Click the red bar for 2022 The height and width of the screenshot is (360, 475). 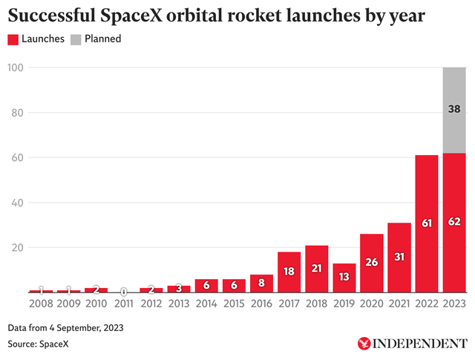click(426, 223)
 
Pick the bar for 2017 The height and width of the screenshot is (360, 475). click(289, 272)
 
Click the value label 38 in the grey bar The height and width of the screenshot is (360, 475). click(453, 109)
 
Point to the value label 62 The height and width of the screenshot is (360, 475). click(453, 223)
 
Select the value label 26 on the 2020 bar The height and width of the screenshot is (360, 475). click(371, 262)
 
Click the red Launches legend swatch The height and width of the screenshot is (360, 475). click(14, 39)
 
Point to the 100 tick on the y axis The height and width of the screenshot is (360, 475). click(16, 68)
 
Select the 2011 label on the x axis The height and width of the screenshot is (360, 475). click(124, 303)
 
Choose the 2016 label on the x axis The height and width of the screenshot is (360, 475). click(261, 303)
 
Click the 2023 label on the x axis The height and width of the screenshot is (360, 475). click(453, 303)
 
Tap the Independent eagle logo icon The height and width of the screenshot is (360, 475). click(365, 344)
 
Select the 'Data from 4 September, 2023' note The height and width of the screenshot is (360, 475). click(65, 327)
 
